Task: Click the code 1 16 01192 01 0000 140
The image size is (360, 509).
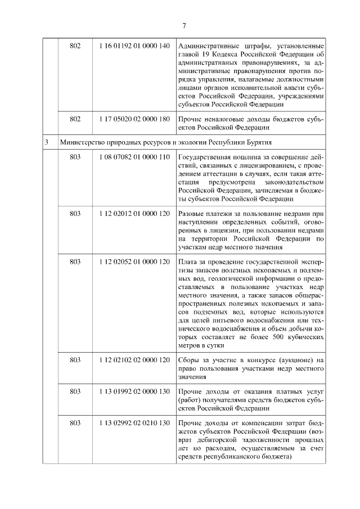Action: pyautogui.click(x=134, y=46)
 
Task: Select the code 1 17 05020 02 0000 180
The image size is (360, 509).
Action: pyautogui.click(x=134, y=120)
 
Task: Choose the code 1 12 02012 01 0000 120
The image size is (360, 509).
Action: pyautogui.click(x=134, y=214)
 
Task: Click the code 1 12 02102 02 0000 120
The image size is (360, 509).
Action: pyautogui.click(x=134, y=359)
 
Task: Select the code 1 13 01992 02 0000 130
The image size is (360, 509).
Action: pyautogui.click(x=134, y=391)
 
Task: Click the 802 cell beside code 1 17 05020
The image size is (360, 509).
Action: pyautogui.click(x=75, y=120)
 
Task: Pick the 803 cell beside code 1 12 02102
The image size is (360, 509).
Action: pyautogui.click(x=75, y=359)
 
